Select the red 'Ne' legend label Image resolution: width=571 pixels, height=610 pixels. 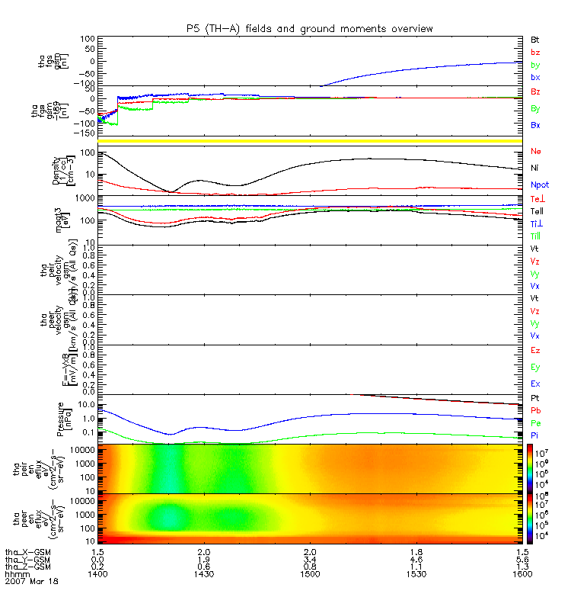click(535, 152)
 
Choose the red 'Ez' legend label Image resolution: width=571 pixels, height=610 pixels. click(535, 349)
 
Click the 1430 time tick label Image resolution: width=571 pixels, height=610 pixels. click(203, 573)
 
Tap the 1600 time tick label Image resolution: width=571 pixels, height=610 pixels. click(522, 573)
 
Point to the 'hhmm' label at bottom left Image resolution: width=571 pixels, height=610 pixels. click(17, 573)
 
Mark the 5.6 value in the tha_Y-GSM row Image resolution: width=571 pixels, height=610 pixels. click(522, 558)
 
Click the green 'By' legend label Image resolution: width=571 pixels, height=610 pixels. click(535, 108)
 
